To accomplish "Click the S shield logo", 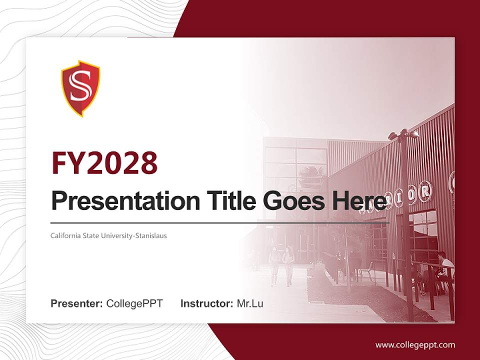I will coord(80,88).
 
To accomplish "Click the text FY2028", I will coord(104,163).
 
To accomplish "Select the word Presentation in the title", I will coord(118,201).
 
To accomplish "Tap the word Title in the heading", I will coord(222,201).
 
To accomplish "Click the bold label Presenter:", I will coord(77,303).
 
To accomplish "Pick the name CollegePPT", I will coord(134,303).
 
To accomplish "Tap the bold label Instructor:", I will coord(206,303).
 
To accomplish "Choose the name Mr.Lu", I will coord(250,303).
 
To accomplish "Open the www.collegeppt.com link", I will coord(415,345).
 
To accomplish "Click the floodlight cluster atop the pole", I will coord(403,134).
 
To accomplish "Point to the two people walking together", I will coord(281,265).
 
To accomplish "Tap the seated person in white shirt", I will coord(444,267).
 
